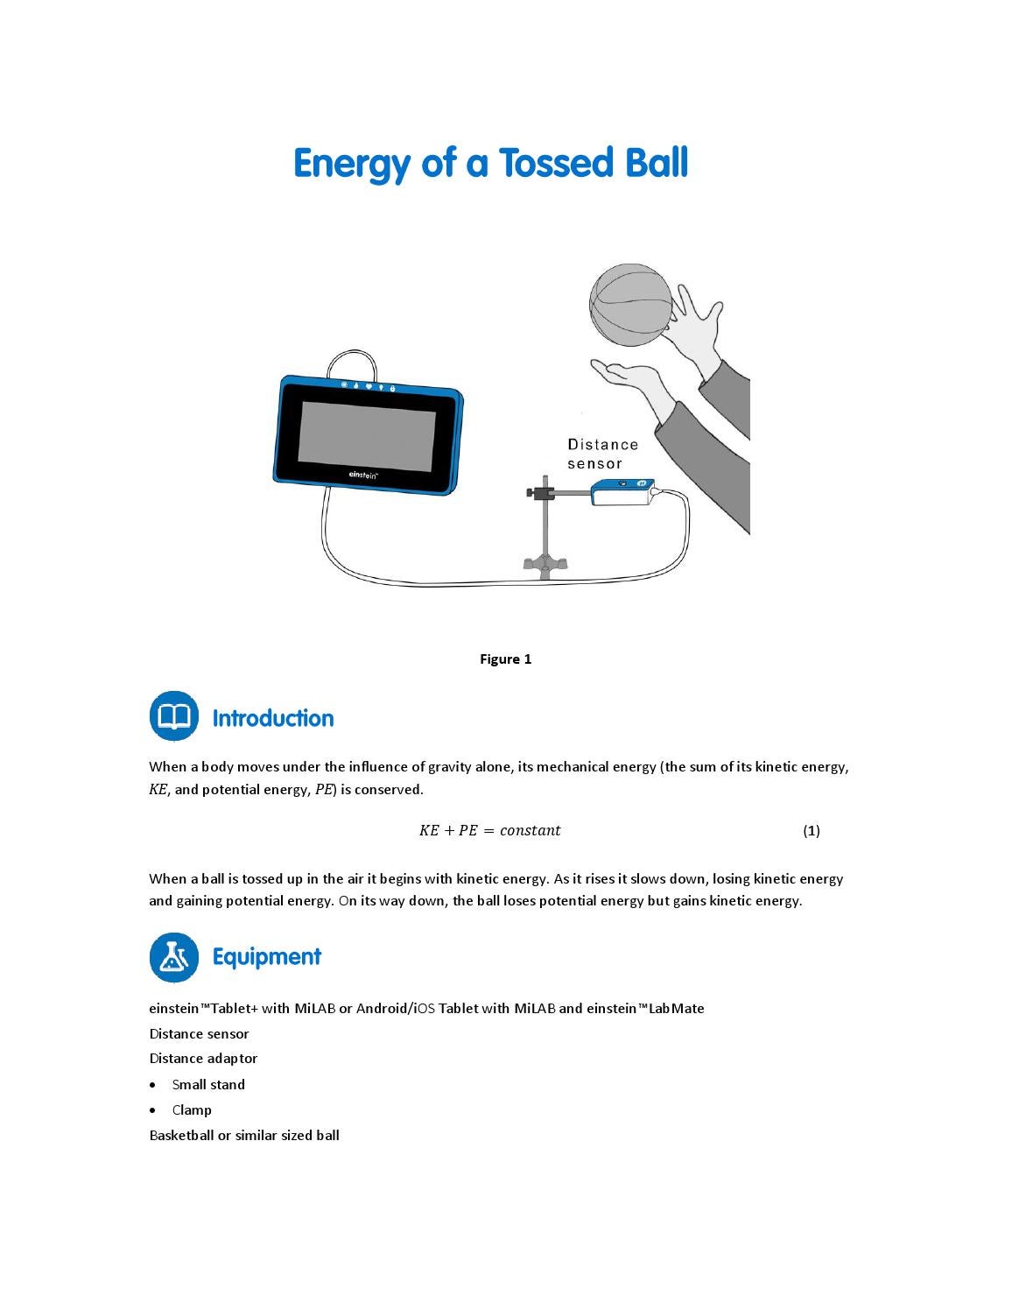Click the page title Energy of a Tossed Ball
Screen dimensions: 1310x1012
pos(490,163)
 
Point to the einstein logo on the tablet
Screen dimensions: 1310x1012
pos(363,475)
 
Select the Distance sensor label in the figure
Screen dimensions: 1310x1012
pos(602,454)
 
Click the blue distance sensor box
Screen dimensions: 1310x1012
pos(622,491)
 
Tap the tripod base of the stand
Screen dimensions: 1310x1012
pos(545,564)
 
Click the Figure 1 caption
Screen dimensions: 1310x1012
pos(505,659)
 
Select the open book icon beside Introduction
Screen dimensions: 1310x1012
pos(174,715)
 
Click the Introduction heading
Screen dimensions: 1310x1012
pos(272,718)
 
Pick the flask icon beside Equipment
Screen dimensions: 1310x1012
pos(174,957)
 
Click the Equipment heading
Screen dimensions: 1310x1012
pos(266,956)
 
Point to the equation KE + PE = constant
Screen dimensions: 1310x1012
pos(489,830)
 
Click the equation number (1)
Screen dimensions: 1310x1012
pos(811,830)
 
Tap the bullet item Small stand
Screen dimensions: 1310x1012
pos(208,1084)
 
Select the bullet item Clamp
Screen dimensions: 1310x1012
pos(192,1109)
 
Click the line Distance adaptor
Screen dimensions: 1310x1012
pos(203,1058)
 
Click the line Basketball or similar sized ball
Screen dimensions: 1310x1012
pos(244,1135)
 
